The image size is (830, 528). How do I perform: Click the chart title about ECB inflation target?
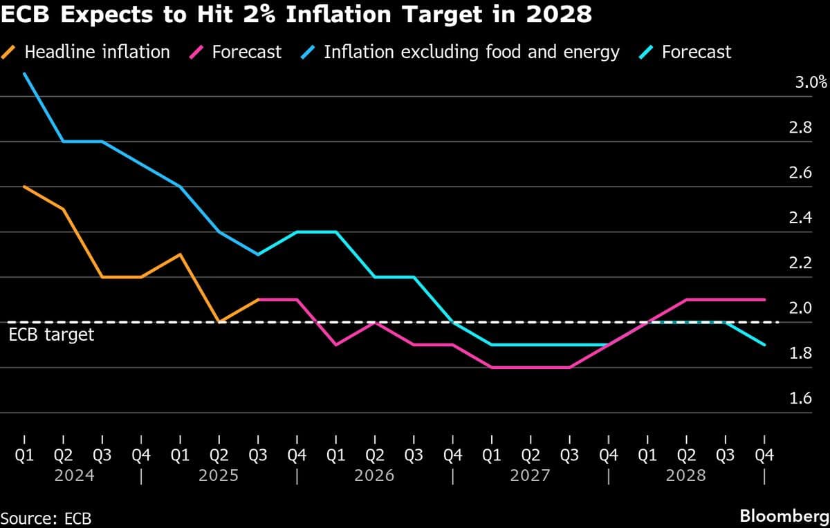(296, 15)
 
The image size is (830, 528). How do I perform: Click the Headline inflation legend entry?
(96, 52)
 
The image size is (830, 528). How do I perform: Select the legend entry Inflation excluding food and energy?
(471, 52)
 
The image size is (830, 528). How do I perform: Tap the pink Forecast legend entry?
(246, 52)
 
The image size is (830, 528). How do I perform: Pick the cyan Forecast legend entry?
(696, 52)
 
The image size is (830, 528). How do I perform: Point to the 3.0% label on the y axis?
(811, 83)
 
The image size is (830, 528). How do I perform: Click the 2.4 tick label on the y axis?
(800, 218)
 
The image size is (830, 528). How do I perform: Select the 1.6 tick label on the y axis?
(800, 399)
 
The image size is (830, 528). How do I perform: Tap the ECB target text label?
(51, 336)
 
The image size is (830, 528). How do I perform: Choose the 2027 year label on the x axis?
(531, 475)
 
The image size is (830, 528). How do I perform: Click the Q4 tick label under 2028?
(764, 455)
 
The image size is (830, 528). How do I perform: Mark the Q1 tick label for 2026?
(336, 455)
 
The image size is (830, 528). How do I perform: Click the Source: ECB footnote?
(46, 518)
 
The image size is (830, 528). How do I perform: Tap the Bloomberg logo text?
(784, 516)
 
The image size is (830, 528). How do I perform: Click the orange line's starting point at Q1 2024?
(25, 187)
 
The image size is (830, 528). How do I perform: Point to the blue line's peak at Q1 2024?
(25, 74)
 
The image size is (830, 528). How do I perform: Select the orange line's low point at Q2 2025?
(219, 322)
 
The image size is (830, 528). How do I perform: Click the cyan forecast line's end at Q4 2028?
(764, 345)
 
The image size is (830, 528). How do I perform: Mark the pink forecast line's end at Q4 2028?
(764, 299)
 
